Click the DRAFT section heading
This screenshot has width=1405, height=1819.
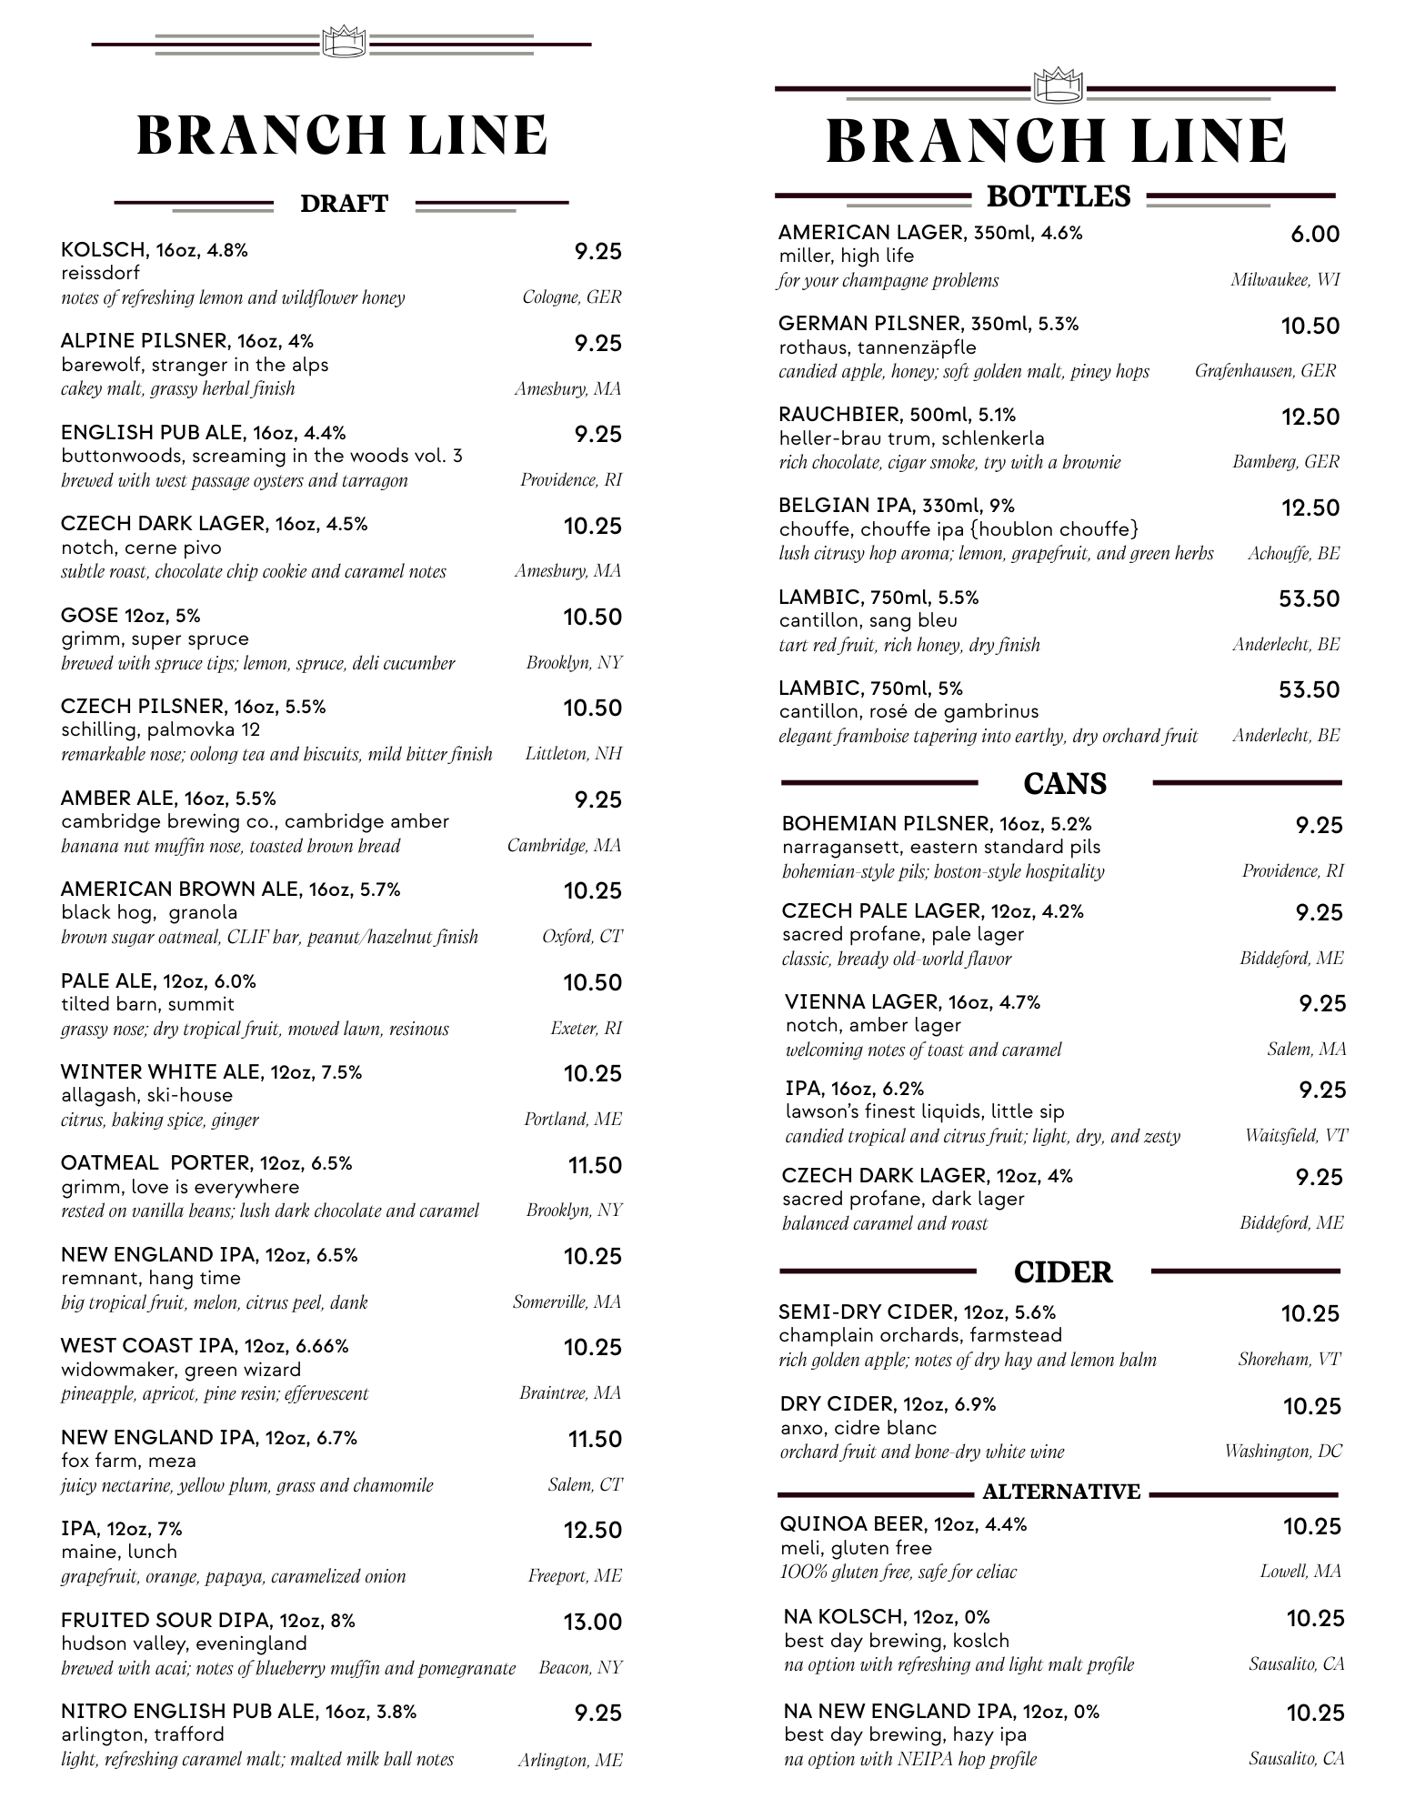344,204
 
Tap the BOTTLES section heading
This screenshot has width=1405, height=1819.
1059,196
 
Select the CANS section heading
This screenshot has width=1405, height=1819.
1065,783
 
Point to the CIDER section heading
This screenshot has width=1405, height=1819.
1063,1271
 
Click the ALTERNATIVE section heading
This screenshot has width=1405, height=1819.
1061,1492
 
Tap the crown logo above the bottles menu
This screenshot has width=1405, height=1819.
1058,87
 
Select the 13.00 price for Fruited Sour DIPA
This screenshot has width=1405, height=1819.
592,1622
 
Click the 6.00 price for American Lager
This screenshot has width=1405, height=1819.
1315,235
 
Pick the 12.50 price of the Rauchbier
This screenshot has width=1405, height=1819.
1310,417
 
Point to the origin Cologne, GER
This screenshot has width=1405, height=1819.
572,297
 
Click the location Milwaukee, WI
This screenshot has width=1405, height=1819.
1285,280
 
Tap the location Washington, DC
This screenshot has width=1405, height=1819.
1282,1451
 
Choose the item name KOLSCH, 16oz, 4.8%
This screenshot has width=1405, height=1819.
155,250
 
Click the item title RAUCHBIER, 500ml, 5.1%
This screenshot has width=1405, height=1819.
897,415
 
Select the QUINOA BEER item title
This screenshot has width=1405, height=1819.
903,1524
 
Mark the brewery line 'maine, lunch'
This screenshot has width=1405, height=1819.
119,1552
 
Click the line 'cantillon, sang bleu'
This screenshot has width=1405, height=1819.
868,620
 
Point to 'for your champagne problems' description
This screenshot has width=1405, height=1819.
888,280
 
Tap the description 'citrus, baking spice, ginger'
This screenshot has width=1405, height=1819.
160,1120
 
